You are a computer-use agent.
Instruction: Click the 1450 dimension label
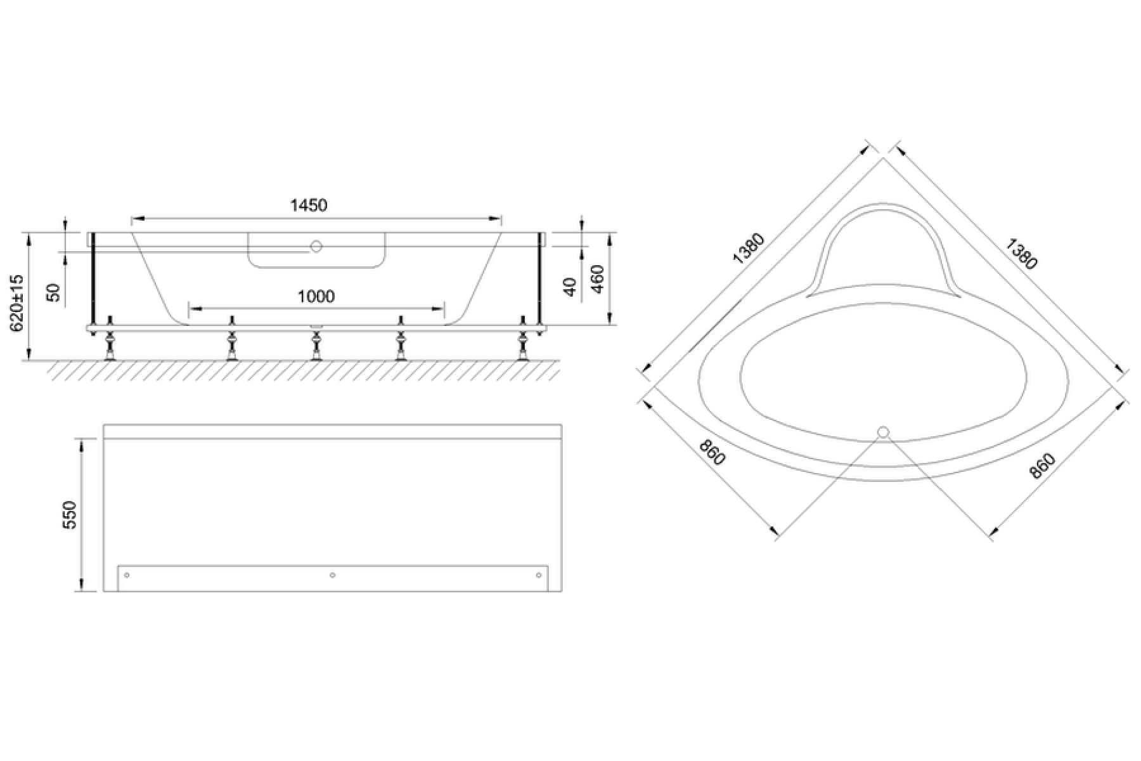[x=309, y=205]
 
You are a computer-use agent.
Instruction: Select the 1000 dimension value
[x=316, y=296]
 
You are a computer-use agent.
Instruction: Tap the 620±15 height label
[x=16, y=302]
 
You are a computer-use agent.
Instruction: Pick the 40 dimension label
[x=570, y=287]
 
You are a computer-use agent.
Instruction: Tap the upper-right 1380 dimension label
[x=1021, y=253]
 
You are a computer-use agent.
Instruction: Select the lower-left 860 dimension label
[x=712, y=451]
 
